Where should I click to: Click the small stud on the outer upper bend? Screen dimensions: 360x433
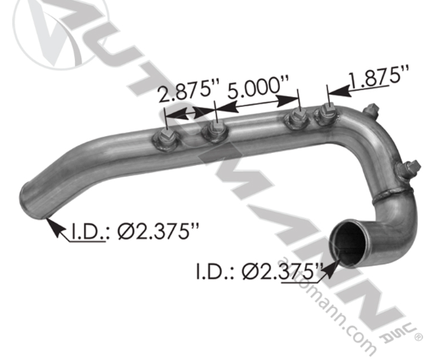(x=371, y=109)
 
